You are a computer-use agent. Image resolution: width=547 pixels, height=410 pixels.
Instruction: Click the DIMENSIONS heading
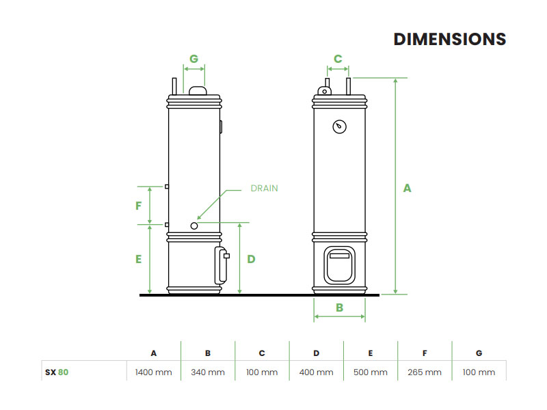449,39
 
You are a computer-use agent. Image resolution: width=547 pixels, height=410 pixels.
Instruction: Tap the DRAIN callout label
264,188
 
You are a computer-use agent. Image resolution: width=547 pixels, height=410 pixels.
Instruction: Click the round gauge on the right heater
339,126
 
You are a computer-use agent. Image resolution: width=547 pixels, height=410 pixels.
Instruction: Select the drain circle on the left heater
194,225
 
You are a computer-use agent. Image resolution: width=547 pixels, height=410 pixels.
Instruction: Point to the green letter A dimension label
407,187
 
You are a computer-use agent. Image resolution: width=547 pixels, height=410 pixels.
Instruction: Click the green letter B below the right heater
339,307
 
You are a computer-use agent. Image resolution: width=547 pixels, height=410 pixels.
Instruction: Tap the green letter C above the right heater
338,59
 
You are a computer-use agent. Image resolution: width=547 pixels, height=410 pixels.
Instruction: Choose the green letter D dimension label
251,259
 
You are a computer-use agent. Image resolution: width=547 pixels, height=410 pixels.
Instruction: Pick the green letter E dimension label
138,259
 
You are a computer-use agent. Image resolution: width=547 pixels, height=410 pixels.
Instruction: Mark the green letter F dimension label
138,205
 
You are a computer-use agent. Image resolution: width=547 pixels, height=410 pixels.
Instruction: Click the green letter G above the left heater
194,59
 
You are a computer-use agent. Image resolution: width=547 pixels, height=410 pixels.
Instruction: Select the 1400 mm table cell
154,372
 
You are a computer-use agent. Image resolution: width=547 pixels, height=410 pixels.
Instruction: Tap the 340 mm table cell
208,372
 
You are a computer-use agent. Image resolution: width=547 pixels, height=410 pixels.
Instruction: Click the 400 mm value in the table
317,372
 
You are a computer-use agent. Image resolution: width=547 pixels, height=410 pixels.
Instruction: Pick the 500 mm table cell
371,372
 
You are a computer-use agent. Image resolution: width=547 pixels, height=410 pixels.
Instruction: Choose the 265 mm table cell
425,372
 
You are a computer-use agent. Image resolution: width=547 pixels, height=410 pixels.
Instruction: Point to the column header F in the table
425,353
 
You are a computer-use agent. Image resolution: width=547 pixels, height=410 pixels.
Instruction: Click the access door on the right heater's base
339,264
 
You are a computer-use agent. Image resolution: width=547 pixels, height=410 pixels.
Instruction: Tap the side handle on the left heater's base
221,265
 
